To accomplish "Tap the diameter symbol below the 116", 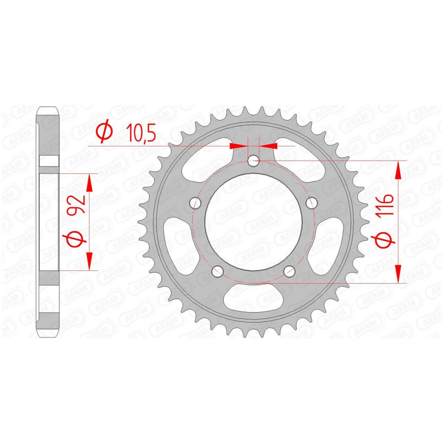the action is click(x=386, y=239).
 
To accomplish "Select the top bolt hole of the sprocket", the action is click(x=253, y=161).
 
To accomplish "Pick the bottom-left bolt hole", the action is click(x=218, y=271).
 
